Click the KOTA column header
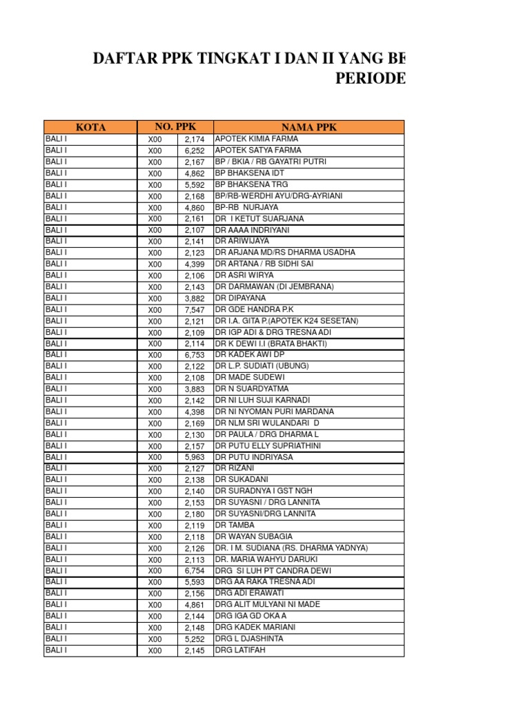[x=90, y=127]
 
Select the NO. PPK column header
[x=175, y=126]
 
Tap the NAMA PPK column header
[x=308, y=127]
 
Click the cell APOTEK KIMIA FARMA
[x=257, y=139]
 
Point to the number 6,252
[x=195, y=151]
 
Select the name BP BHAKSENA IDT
[x=249, y=173]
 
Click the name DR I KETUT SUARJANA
[x=259, y=218]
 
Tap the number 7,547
[x=195, y=310]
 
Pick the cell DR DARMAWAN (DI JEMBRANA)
[x=274, y=287]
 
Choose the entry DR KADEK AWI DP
[x=250, y=355]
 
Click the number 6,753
[x=195, y=355]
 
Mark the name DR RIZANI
[x=235, y=468]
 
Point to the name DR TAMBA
[x=235, y=525]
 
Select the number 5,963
[x=195, y=457]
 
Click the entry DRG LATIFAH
[x=240, y=650]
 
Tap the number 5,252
[x=195, y=639]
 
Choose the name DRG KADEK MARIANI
[x=255, y=627]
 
